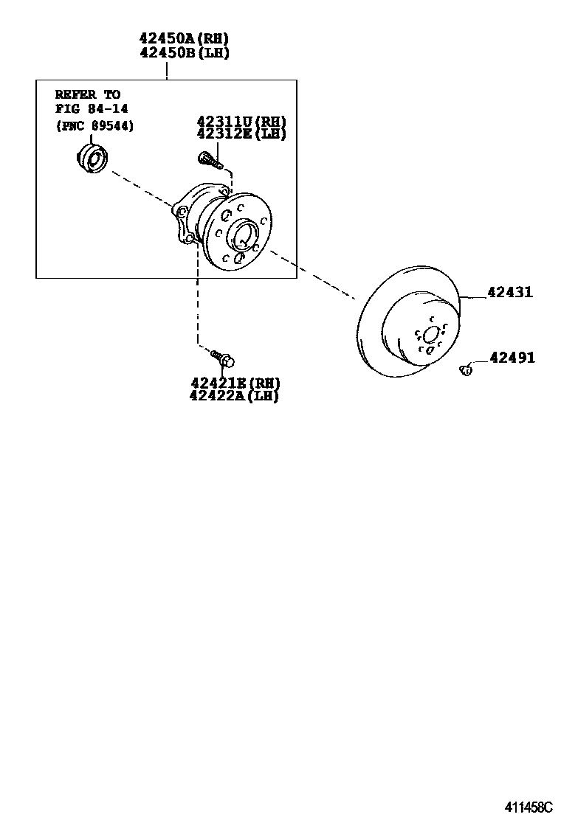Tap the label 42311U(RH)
coord(241,122)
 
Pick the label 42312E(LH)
coord(241,133)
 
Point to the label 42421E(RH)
coord(235,383)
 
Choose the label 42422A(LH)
coord(235,396)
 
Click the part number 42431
coord(510,293)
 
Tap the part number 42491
coord(512,358)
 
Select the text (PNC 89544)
coord(94,125)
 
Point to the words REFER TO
coord(87,94)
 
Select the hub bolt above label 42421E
coord(223,358)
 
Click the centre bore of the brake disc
coord(430,336)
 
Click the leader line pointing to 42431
coord(472,295)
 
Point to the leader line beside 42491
coord(479,361)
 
